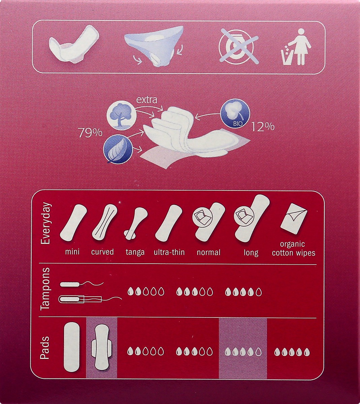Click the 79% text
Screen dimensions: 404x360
(90, 133)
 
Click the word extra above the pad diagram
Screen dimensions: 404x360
(146, 100)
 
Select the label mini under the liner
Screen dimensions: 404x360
(72, 252)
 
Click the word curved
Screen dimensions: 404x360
(102, 252)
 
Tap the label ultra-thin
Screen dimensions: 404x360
(169, 252)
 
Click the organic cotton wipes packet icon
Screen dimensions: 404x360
(294, 219)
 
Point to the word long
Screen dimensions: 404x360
(251, 252)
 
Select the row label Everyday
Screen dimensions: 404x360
(45, 224)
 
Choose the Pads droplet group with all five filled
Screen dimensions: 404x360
(292, 352)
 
